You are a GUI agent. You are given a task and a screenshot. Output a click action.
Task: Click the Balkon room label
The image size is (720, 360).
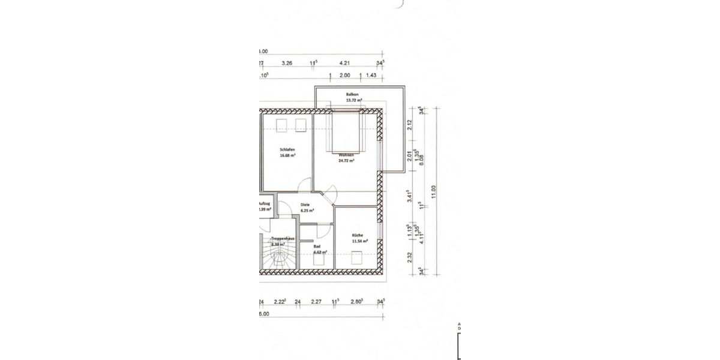pyautogui.click(x=352, y=95)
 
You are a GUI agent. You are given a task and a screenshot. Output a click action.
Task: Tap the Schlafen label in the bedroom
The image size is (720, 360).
pyautogui.click(x=287, y=149)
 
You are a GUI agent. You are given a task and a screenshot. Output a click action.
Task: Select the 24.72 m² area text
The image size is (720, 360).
pyautogui.click(x=346, y=161)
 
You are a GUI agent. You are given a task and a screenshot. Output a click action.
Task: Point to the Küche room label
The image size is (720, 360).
pyautogui.click(x=358, y=235)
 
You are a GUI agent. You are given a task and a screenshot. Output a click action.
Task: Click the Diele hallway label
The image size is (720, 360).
pyautogui.click(x=305, y=205)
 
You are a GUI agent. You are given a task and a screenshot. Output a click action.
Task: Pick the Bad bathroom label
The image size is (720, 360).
pyautogui.click(x=317, y=246)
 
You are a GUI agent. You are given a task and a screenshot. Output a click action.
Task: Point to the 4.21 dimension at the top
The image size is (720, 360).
pyautogui.click(x=344, y=62)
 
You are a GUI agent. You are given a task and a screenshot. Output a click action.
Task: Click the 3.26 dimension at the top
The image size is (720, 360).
pyautogui.click(x=287, y=62)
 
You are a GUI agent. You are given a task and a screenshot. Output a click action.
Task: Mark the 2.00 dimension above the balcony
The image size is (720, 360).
pyautogui.click(x=345, y=76)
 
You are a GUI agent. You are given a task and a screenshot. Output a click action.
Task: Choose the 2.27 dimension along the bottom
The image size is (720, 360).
pyautogui.click(x=317, y=302)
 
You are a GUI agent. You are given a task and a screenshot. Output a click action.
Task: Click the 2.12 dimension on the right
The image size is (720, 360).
pyautogui.click(x=410, y=125)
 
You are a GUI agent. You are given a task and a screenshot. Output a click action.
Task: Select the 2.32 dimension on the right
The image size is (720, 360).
pyautogui.click(x=410, y=256)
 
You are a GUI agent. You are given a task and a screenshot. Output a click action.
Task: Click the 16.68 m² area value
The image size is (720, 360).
pyautogui.click(x=287, y=155)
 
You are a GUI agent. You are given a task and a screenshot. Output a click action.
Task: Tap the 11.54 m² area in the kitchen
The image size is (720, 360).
pyautogui.click(x=359, y=241)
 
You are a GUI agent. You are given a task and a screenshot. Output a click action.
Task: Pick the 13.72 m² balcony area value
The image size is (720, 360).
pyautogui.click(x=353, y=101)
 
